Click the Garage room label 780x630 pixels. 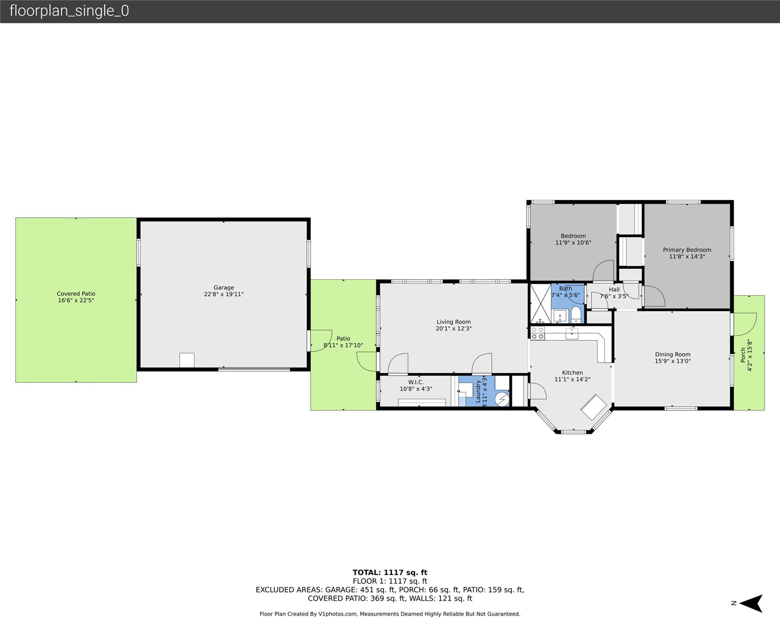(224, 288)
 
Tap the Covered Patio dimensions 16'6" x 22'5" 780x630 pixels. (76, 300)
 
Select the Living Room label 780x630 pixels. (454, 322)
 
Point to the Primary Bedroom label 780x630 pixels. (687, 250)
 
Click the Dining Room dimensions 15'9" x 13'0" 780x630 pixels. (673, 361)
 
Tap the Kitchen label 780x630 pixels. (572, 373)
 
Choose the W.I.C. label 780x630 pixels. (416, 382)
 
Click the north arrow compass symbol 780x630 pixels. (751, 603)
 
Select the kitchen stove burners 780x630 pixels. (538, 333)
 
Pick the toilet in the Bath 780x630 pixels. (576, 315)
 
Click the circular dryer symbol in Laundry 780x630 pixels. (502, 399)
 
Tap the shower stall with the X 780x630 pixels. (541, 304)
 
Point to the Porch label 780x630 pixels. (743, 355)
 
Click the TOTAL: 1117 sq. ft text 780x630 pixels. (390, 573)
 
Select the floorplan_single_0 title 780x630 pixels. (69, 11)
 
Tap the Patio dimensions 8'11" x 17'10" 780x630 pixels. (343, 345)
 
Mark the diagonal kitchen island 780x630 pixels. (594, 407)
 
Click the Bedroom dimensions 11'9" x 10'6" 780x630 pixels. (573, 243)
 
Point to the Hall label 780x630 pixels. (614, 290)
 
